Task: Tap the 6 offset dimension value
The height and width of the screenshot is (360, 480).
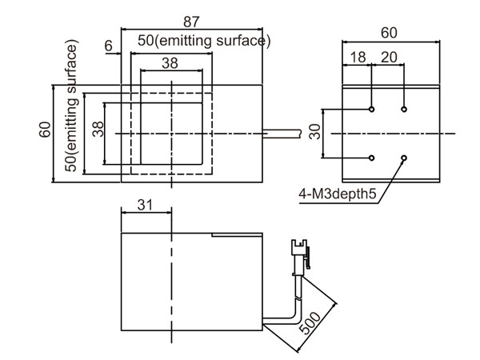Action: tap(108, 46)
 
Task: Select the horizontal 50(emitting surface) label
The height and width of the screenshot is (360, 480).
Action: tap(204, 41)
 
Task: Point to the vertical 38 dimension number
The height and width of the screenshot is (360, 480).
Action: tap(97, 129)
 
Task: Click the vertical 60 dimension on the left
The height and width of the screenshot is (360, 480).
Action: tap(45, 129)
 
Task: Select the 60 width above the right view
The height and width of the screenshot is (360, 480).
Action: tap(389, 33)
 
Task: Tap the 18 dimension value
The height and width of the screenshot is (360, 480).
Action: tap(358, 58)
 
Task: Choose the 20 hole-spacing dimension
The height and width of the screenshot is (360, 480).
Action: tap(389, 58)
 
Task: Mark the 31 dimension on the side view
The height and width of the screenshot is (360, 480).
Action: tap(145, 205)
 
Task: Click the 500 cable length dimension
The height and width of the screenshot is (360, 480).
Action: tap(313, 319)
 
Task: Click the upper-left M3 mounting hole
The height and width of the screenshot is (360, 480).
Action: tap(373, 109)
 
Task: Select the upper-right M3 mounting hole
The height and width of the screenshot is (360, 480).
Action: tap(405, 109)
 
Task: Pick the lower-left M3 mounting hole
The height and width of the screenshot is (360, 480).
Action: tap(373, 158)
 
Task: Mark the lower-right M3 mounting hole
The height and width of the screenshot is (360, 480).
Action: tap(405, 158)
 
